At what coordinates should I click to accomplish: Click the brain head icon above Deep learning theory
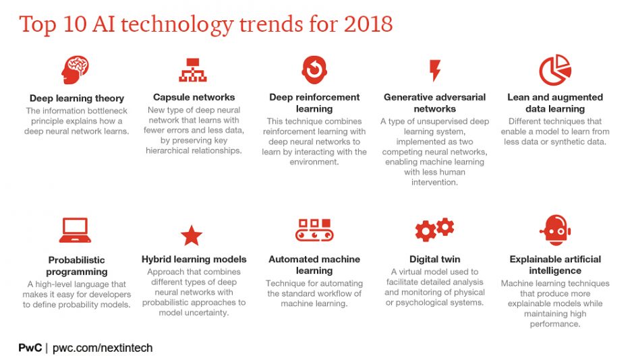[76, 69]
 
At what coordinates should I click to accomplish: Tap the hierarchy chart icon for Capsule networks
[192, 69]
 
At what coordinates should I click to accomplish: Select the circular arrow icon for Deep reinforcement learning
[314, 69]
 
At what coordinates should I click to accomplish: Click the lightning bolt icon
[435, 70]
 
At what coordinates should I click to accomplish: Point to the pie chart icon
[555, 69]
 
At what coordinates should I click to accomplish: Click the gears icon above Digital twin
[434, 230]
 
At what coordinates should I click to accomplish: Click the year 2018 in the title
[367, 24]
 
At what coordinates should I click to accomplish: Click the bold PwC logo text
[30, 348]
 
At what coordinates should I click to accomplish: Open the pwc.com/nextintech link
[103, 348]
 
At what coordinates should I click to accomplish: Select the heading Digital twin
[435, 260]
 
